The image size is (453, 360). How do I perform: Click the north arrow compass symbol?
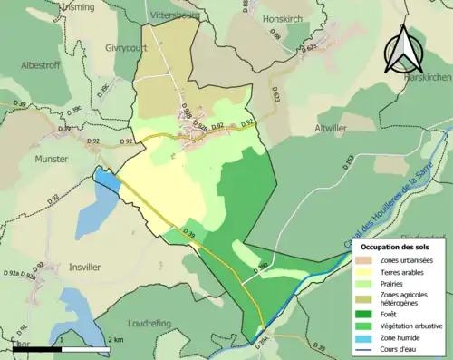403,49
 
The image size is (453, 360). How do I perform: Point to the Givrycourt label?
125,50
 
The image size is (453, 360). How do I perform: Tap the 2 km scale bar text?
116,339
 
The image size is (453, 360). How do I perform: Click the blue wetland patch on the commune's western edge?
106,180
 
